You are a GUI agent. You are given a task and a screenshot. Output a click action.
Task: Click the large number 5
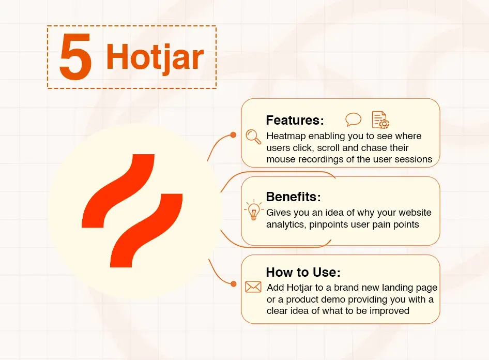(x=75, y=58)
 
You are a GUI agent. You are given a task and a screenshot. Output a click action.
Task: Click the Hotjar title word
(x=155, y=57)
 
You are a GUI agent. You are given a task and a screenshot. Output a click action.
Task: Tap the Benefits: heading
(x=293, y=197)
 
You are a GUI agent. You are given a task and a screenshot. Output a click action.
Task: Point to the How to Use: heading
(x=303, y=273)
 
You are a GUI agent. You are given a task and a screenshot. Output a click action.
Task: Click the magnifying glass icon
(x=253, y=137)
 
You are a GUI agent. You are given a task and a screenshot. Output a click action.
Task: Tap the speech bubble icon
(x=353, y=119)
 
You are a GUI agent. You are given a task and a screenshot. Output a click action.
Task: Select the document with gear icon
(x=380, y=119)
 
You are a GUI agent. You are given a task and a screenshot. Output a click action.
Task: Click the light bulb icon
(x=253, y=211)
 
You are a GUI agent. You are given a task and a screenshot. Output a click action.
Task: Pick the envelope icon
(x=253, y=287)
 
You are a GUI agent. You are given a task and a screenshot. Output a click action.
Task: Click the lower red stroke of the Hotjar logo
(x=146, y=230)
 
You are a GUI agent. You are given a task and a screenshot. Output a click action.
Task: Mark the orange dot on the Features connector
(x=234, y=135)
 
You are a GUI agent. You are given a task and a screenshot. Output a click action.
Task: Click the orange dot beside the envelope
(x=234, y=284)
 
